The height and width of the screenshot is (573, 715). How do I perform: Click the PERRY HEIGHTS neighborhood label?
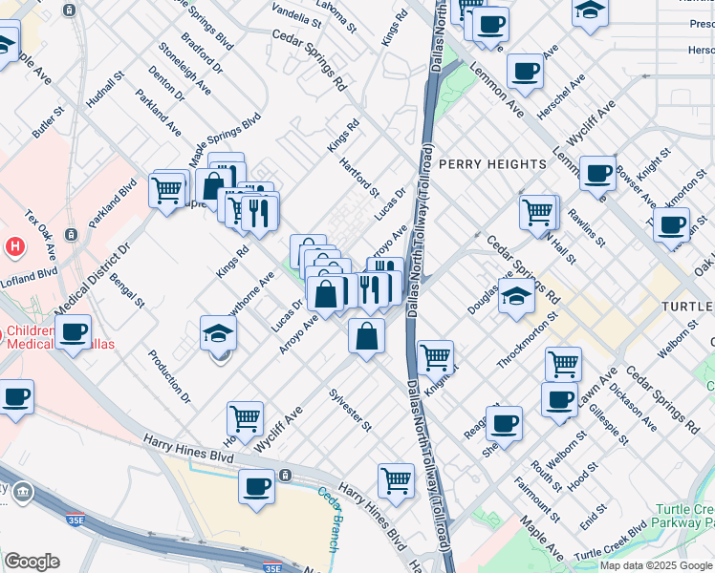[492, 164]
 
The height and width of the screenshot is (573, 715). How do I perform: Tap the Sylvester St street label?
[350, 410]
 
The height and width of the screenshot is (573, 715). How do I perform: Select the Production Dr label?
[169, 375]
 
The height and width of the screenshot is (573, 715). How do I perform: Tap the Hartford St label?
[359, 178]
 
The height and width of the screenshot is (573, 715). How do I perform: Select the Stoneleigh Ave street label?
[186, 69]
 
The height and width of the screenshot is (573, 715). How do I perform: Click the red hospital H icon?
[14, 246]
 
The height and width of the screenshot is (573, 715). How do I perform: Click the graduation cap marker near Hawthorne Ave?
[219, 333]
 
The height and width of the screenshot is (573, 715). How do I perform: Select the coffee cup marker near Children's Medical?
[74, 332]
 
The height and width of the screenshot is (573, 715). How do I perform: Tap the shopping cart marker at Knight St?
[435, 357]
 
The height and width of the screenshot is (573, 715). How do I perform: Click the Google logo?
[32, 562]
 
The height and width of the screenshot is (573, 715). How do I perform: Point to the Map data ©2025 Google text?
[657, 565]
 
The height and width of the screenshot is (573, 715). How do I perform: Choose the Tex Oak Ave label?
[41, 225]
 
